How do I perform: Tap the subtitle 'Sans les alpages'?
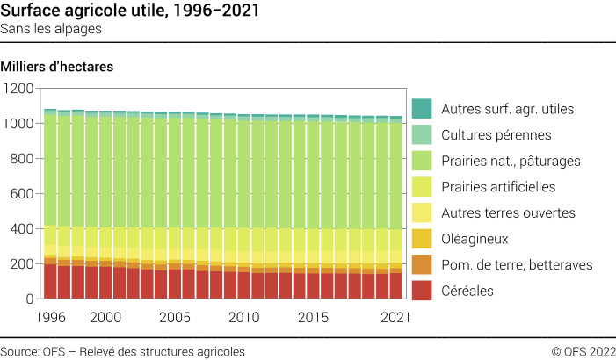51,29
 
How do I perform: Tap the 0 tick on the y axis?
29,299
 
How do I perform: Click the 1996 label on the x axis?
50,316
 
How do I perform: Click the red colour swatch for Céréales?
422,290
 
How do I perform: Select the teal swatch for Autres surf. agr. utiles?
422,109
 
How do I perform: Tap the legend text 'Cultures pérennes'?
496,135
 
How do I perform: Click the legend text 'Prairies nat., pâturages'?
511,161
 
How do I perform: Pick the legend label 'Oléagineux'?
475,239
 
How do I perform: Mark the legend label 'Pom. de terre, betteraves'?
517,264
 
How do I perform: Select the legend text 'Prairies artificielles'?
498,187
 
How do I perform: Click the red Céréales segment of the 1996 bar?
50,281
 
